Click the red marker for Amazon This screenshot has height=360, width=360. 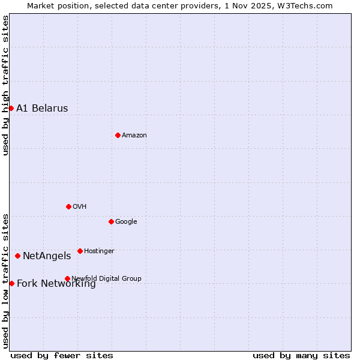point(118,135)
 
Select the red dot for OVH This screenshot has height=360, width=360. point(68,206)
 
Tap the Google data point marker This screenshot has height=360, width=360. point(111,221)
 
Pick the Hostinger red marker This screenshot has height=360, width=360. point(80,251)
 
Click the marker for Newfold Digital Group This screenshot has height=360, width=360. point(67,278)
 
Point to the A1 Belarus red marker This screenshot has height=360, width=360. point(11,108)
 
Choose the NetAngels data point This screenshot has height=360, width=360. point(17,256)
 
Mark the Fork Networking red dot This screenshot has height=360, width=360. point(11,283)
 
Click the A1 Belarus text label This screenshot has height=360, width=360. point(42,109)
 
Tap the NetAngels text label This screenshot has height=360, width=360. point(47,256)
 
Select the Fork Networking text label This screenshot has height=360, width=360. point(56,284)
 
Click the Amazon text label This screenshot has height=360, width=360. point(134,136)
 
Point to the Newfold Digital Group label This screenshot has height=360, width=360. point(106,278)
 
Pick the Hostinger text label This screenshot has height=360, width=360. point(99,251)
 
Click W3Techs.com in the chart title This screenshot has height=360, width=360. point(305,5)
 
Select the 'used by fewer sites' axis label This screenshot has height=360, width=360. point(62,355)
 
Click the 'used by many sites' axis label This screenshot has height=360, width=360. point(301,355)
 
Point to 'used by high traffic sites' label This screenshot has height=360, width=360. point(5,85)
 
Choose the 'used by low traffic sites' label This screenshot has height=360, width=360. point(5,281)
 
